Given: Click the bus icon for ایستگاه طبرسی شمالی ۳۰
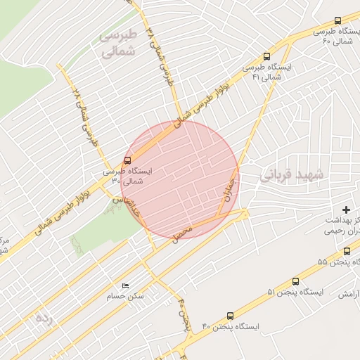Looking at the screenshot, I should tap(127, 160).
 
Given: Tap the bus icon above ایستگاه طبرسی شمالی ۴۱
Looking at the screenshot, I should tap(266, 56).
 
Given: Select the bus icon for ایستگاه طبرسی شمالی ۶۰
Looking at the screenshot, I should tap(337, 21).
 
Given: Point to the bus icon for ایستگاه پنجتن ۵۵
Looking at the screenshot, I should tap(347, 251).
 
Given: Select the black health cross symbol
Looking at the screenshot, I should tap(345, 210).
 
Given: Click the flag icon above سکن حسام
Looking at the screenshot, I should tap(125, 285).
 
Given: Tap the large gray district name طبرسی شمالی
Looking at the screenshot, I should tap(117, 44).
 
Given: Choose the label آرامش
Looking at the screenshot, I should tap(349, 295).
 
